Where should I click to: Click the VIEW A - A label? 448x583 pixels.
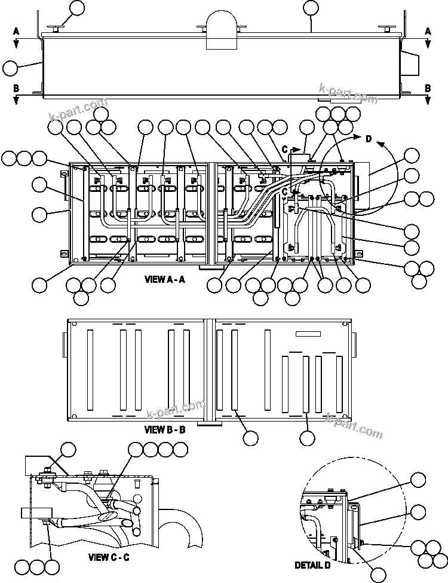[x=164, y=279]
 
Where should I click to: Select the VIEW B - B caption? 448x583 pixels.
[x=165, y=429]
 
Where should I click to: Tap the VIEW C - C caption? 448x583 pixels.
[x=109, y=557]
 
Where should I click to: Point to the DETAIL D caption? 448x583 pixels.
[x=312, y=564]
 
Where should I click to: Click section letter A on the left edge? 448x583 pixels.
[x=16, y=30]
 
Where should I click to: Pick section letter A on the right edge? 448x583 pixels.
[x=428, y=30]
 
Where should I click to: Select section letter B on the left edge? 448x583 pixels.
[x=16, y=88]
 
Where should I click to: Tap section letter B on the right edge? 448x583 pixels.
[x=428, y=88]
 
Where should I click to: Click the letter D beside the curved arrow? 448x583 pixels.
[x=369, y=140]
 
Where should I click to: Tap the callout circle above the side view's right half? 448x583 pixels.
[x=311, y=7]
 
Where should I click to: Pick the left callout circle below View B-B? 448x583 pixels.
[x=251, y=438]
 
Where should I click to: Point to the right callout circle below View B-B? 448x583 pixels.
[x=307, y=438]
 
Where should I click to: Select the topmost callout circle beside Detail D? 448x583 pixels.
[x=419, y=479]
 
